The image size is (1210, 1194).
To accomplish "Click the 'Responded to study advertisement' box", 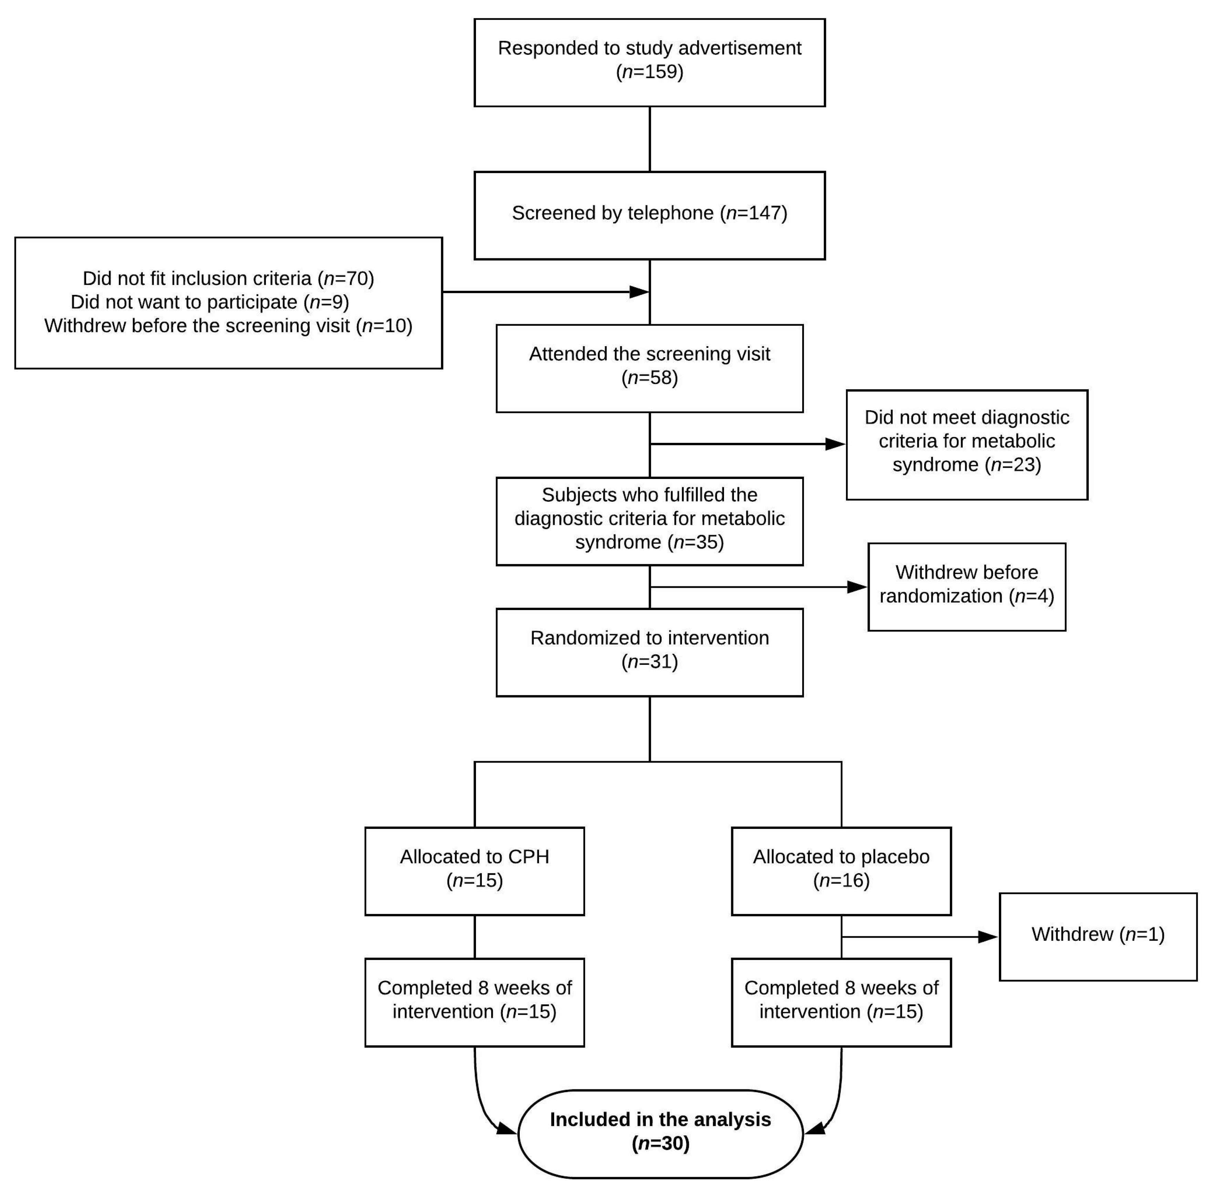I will point(650,63).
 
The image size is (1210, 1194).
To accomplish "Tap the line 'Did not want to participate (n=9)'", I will point(210,302).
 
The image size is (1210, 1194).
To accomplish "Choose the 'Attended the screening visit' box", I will point(650,368).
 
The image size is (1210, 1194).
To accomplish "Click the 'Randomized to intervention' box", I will point(650,652).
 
